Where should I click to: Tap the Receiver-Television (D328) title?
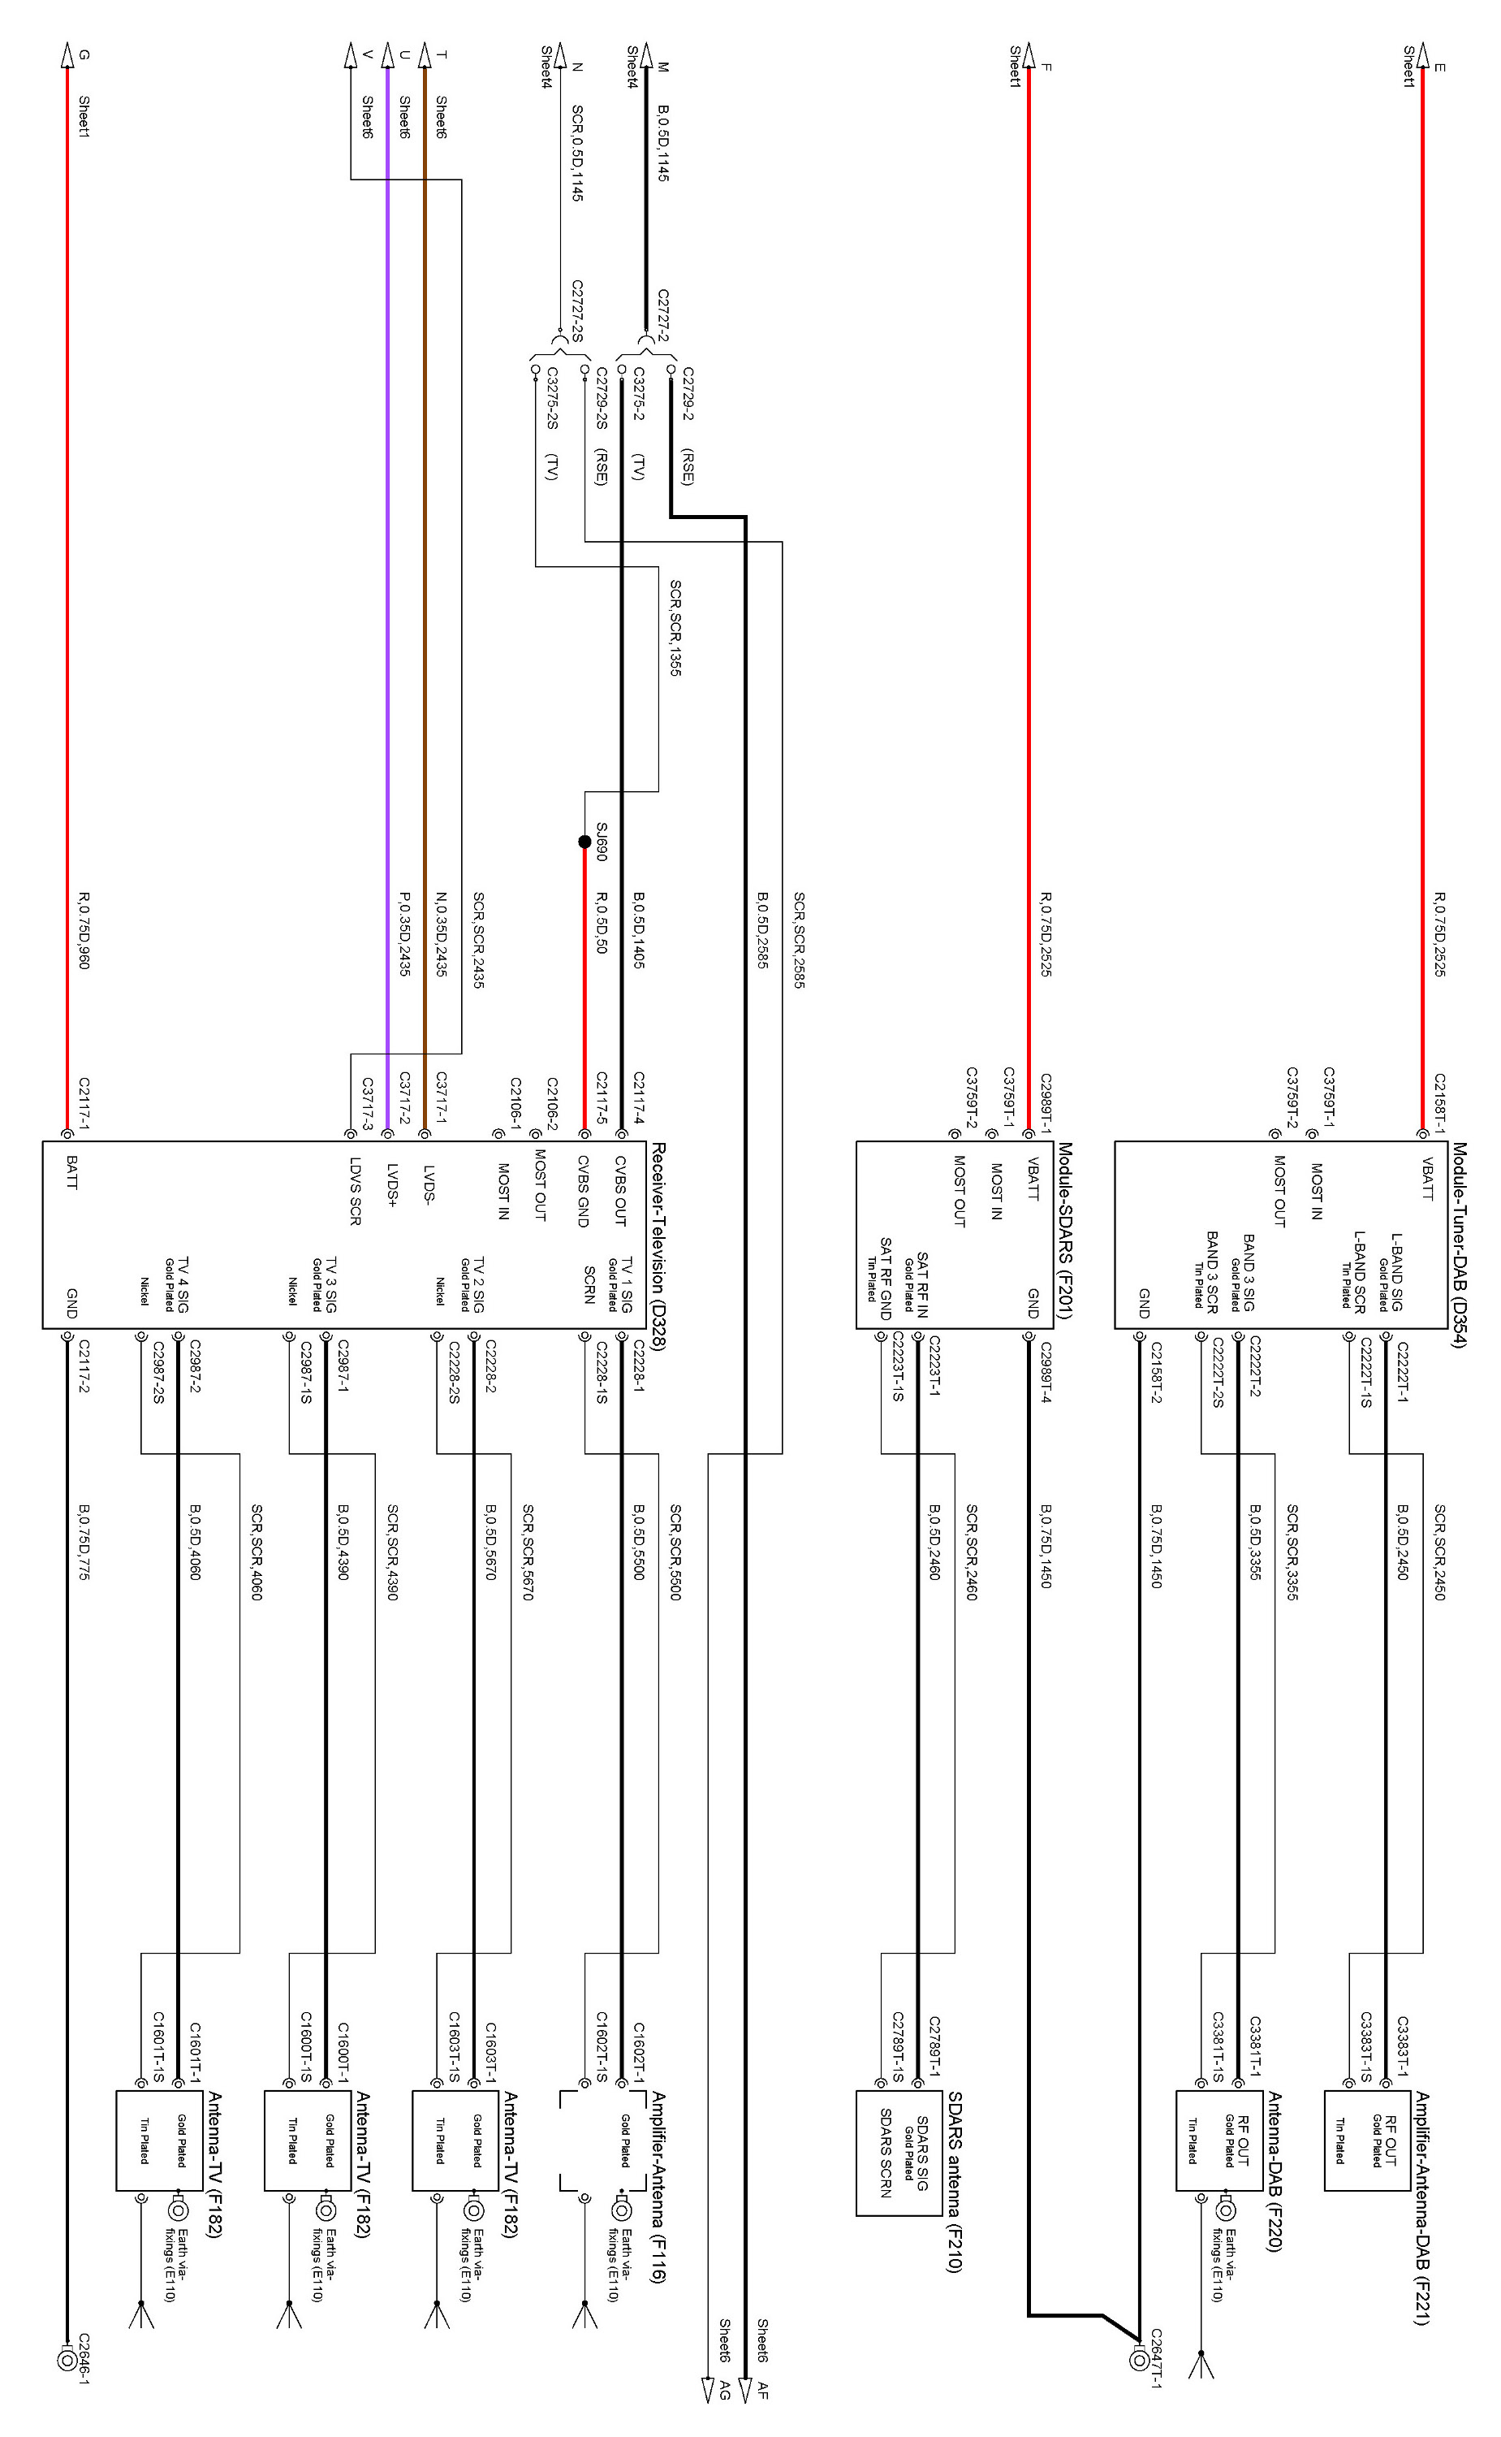[x=658, y=1245]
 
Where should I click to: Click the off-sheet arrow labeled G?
[x=67, y=54]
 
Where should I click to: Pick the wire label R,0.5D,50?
[x=601, y=924]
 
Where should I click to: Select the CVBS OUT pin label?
[x=620, y=1191]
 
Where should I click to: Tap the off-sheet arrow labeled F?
[x=1029, y=54]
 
